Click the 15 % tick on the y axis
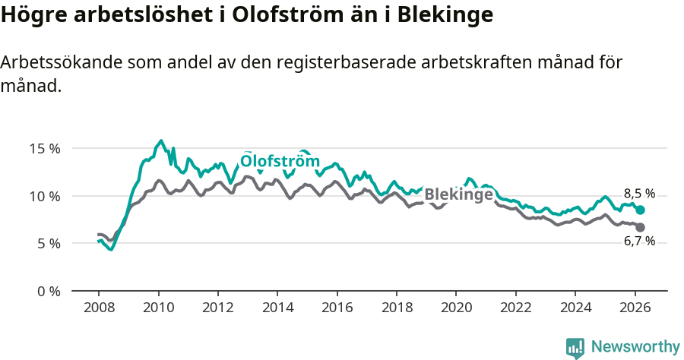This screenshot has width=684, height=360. pyautogui.click(x=45, y=148)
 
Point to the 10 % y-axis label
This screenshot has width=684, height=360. pyautogui.click(x=45, y=196)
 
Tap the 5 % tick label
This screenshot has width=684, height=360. pyautogui.click(x=48, y=244)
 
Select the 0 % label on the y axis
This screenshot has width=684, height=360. pyautogui.click(x=48, y=291)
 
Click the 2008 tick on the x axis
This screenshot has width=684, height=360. pyautogui.click(x=99, y=308)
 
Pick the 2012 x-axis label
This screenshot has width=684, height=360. pyautogui.click(x=217, y=308)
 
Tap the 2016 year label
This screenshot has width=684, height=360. pyautogui.click(x=337, y=308)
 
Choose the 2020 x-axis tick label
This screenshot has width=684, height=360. pyautogui.click(x=456, y=308)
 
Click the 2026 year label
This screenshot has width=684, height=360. pyautogui.click(x=635, y=308)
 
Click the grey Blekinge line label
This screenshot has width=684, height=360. pyautogui.click(x=458, y=194)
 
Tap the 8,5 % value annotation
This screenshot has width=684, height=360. pyautogui.click(x=639, y=194)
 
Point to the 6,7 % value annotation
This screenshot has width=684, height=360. pyautogui.click(x=639, y=241)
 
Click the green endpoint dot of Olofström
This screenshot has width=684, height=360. pyautogui.click(x=640, y=210)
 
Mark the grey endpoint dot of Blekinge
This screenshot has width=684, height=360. pyautogui.click(x=640, y=227)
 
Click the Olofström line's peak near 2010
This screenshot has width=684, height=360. pyautogui.click(x=160, y=141)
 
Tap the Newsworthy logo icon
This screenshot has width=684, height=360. pyautogui.click(x=575, y=347)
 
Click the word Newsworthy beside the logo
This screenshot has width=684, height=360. pyautogui.click(x=635, y=347)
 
